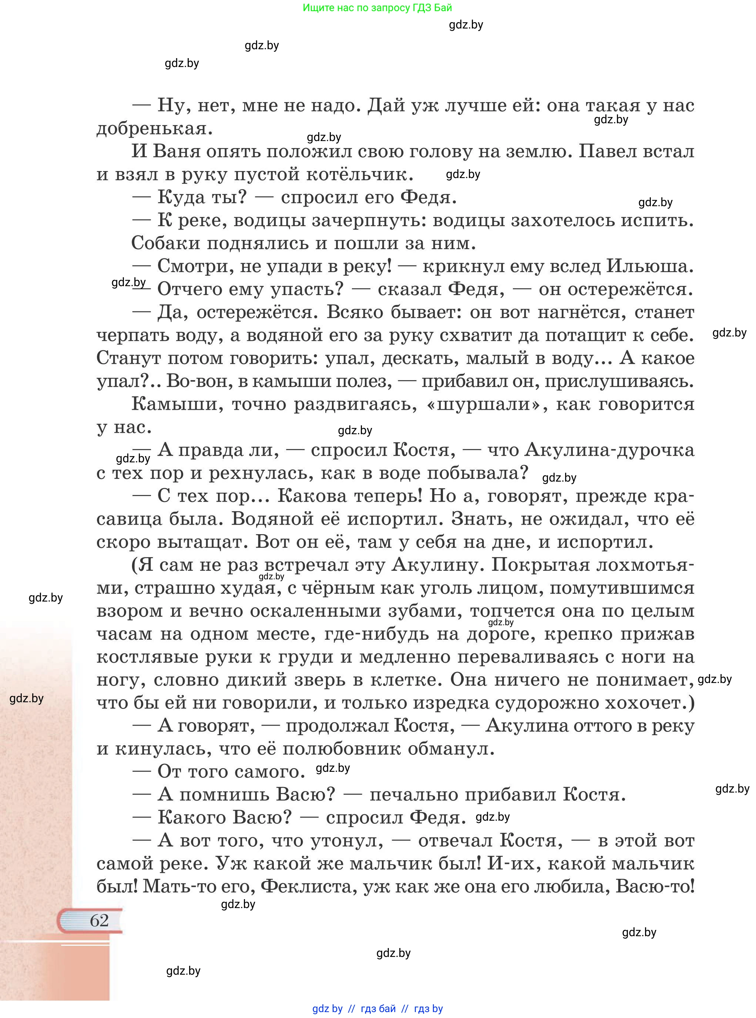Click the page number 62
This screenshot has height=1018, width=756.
click(x=99, y=920)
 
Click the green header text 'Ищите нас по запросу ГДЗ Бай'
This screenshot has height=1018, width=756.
click(x=377, y=8)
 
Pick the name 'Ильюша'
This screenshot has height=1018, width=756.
click(x=649, y=266)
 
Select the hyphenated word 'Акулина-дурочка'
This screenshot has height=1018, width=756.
click(x=609, y=450)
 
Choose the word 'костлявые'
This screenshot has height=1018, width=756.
click(x=151, y=657)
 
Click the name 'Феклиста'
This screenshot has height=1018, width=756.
click(x=309, y=887)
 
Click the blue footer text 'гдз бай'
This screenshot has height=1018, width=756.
click(x=378, y=1008)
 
